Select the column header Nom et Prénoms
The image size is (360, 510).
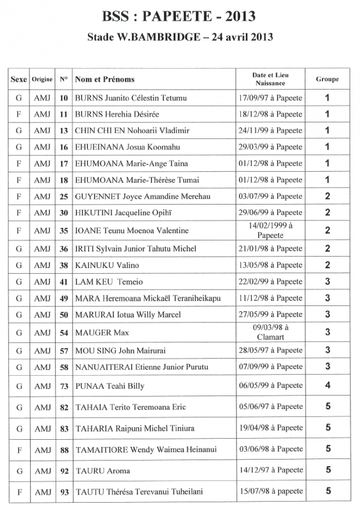(104, 79)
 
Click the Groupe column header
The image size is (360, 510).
(327, 79)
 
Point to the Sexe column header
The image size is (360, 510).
(19, 79)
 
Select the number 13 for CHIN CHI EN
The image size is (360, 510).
(64, 130)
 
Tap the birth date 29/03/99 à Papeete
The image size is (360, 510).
(270, 147)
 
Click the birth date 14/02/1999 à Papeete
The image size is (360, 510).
(270, 229)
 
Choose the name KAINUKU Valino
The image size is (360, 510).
(107, 265)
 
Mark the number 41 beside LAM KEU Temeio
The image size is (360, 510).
(64, 282)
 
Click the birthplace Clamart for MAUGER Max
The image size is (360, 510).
(270, 337)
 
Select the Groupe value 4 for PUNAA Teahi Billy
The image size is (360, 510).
(327, 385)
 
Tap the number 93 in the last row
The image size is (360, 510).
(64, 492)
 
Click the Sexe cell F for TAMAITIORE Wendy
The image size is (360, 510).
(19, 450)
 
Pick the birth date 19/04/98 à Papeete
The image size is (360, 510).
(270, 428)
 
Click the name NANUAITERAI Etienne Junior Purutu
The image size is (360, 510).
(141, 367)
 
